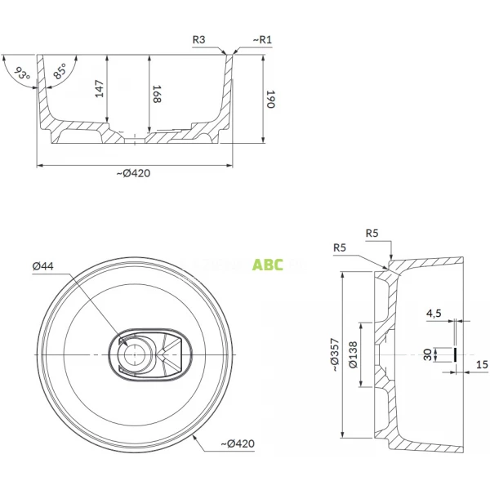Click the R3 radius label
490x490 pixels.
pyautogui.click(x=198, y=38)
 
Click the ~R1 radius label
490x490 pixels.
pyautogui.click(x=262, y=38)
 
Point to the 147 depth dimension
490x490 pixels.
pyautogui.click(x=100, y=88)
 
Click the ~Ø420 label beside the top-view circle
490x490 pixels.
pyautogui.click(x=236, y=443)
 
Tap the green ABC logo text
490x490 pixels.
pyautogui.click(x=268, y=265)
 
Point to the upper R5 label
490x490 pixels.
pyautogui.click(x=373, y=233)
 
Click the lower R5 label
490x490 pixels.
pyautogui.click(x=341, y=247)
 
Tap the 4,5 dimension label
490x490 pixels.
pyautogui.click(x=433, y=313)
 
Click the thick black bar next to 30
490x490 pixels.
pyautogui.click(x=453, y=354)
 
